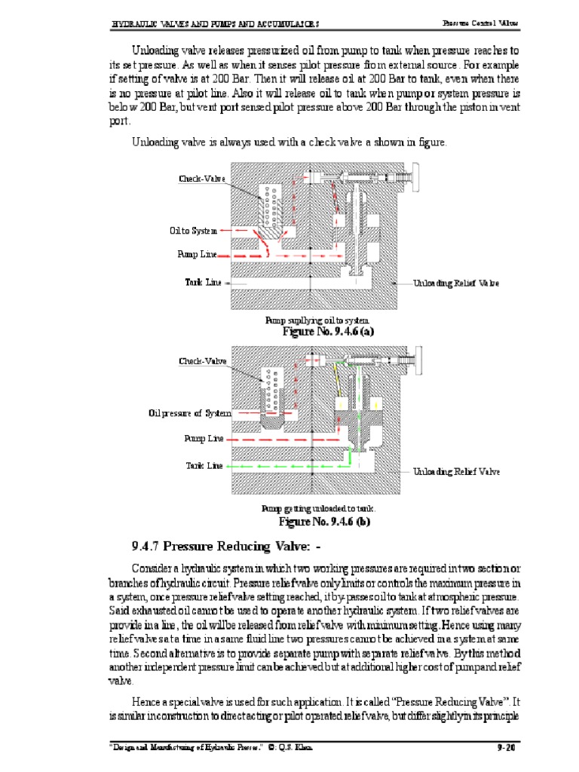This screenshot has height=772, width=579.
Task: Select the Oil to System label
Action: click(193, 231)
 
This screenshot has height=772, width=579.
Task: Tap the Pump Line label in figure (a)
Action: click(197, 255)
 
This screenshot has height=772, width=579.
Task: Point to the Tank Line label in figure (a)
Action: click(204, 282)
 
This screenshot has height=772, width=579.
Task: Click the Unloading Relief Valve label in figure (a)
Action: click(456, 283)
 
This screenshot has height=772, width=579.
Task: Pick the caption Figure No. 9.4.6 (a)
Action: click(328, 331)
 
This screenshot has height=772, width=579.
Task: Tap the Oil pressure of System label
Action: click(189, 413)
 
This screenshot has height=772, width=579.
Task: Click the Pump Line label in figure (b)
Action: click(204, 438)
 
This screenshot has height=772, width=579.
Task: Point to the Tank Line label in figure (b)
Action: click(204, 466)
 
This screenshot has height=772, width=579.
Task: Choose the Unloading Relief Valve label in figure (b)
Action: click(456, 472)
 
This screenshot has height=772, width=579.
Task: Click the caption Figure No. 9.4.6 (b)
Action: click(325, 521)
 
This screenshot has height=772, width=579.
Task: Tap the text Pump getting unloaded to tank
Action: click(318, 510)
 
